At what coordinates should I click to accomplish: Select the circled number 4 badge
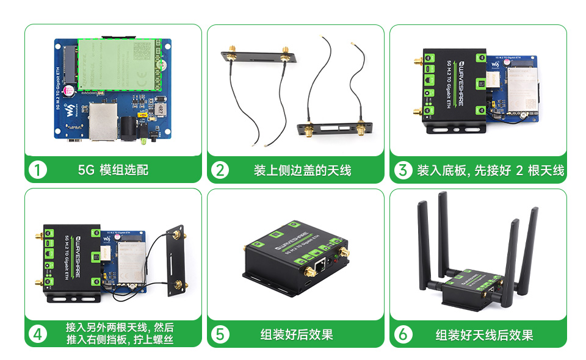pyautogui.click(x=38, y=334)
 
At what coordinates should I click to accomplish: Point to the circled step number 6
pyautogui.click(x=403, y=334)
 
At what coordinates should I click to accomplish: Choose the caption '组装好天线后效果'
pyautogui.click(x=484, y=334)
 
